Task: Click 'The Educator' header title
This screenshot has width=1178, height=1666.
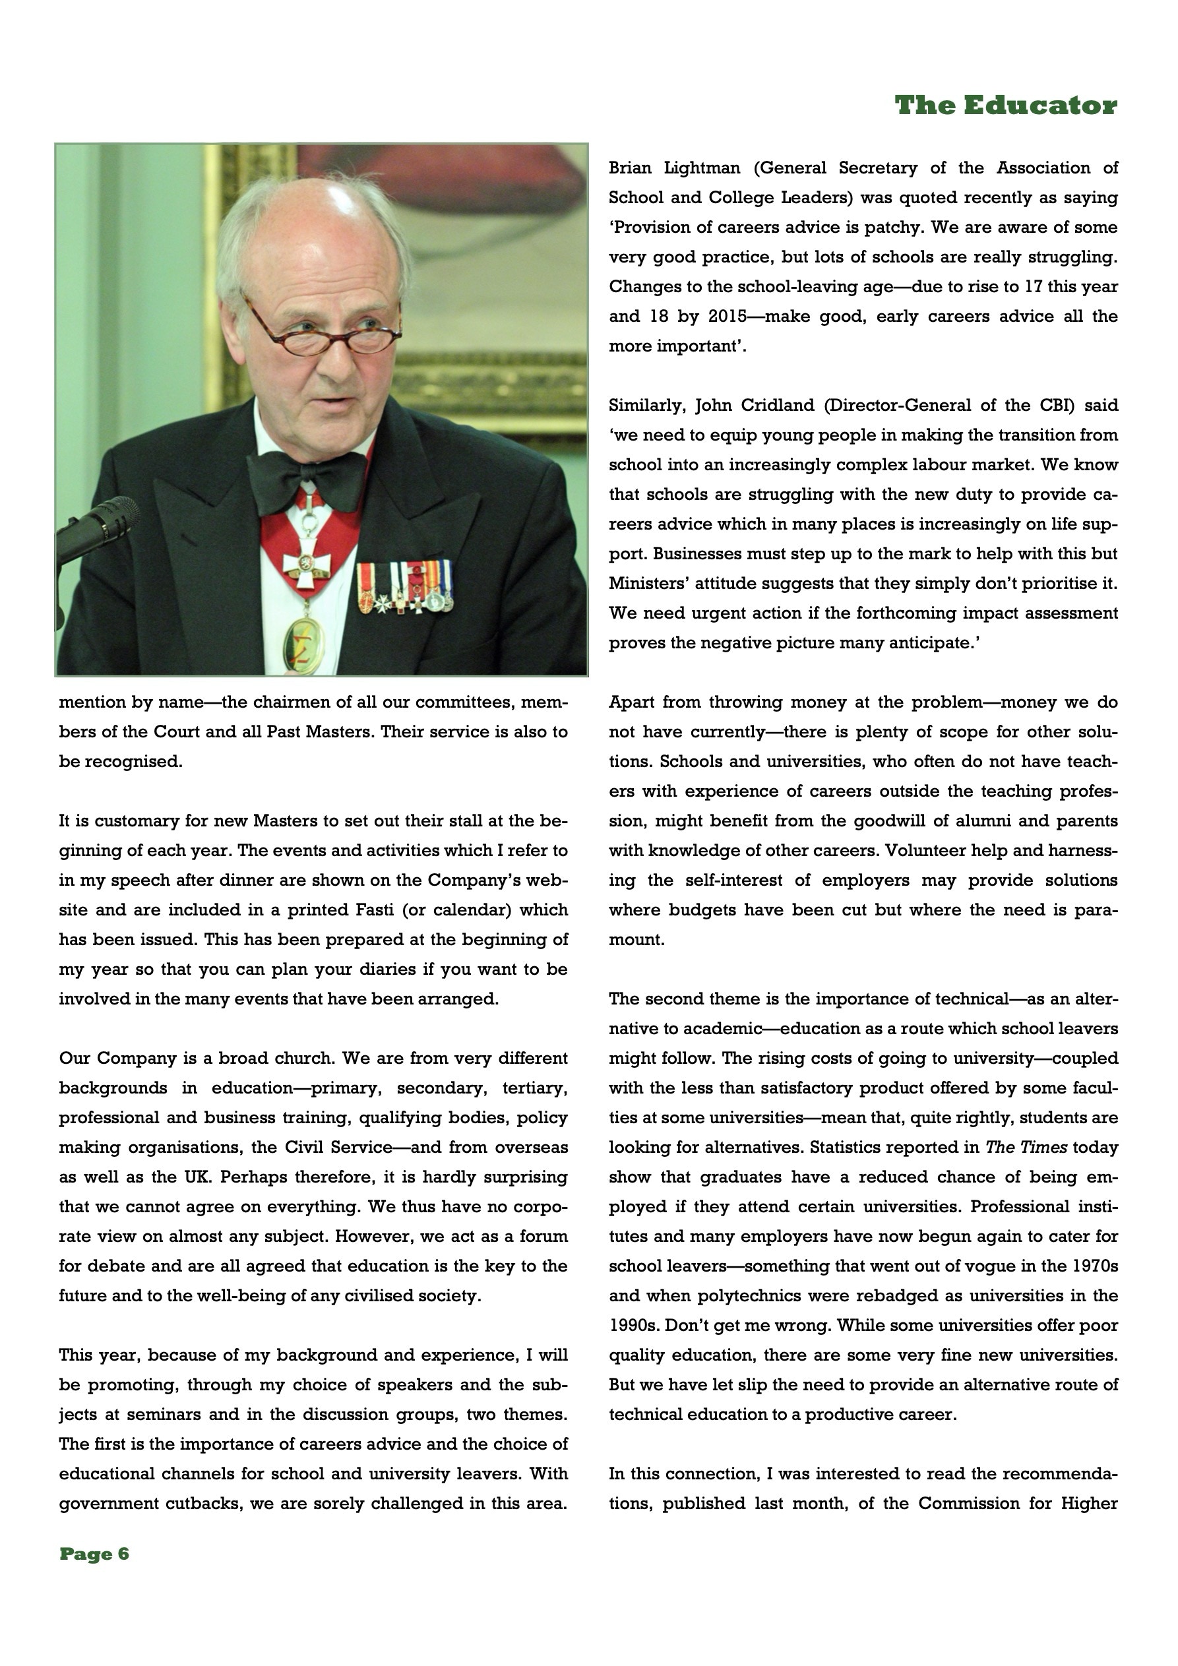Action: [x=1005, y=106]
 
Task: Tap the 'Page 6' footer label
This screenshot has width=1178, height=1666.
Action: [x=94, y=1555]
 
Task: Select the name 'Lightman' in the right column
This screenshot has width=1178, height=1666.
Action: [x=702, y=168]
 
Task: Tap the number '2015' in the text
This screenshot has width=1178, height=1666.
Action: [x=728, y=317]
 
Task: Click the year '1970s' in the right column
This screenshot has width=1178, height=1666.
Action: [x=1094, y=1266]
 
